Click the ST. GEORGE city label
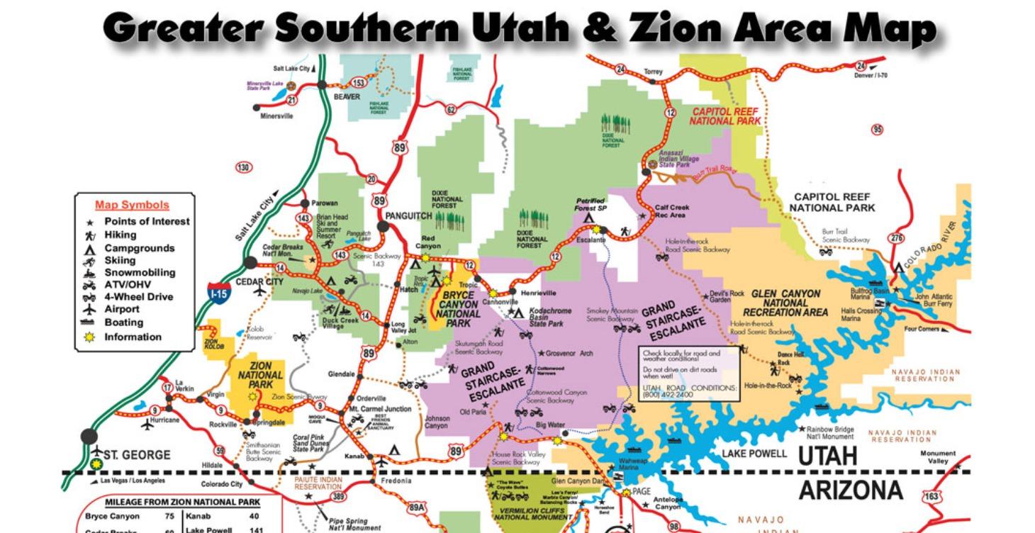coord(138,454)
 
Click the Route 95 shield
coord(878,129)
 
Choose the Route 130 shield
coord(243,167)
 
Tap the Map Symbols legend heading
coord(132,206)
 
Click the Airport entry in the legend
coord(122,309)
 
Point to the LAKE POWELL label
coord(754,454)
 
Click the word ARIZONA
coord(851,490)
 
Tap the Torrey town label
coord(653,72)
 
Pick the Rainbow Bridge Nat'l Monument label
coord(829,433)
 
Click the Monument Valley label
coord(937,457)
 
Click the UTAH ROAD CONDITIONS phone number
coord(669,395)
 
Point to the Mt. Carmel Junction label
coord(379,410)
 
